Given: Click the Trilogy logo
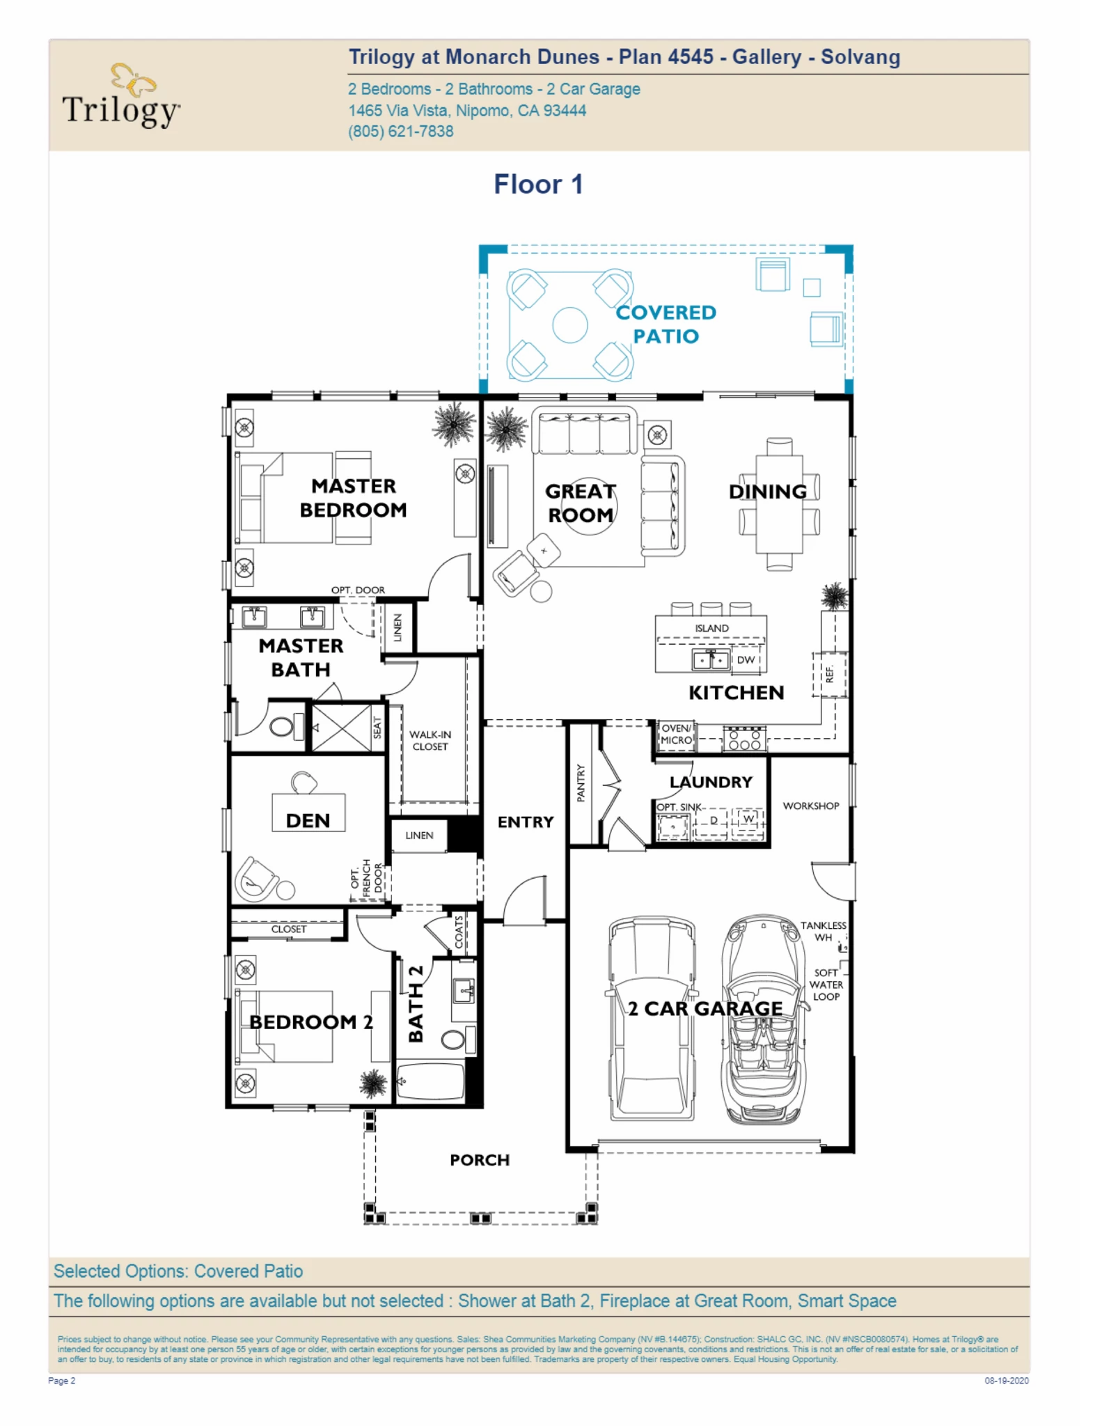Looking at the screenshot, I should [x=121, y=96].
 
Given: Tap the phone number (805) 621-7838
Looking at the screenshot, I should [x=400, y=132].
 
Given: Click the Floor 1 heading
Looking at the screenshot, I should [x=538, y=185].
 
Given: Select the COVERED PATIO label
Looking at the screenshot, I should [x=666, y=324].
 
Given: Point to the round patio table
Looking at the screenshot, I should [x=569, y=325].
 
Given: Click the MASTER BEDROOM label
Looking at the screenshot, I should [x=353, y=498].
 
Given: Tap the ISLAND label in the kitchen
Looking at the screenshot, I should [x=711, y=628].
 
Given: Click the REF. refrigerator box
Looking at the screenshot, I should [x=829, y=674].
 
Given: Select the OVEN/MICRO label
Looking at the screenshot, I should [x=676, y=735].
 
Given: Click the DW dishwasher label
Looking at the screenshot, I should [x=745, y=659].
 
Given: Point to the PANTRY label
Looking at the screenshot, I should [x=581, y=783].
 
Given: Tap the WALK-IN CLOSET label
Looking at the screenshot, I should [x=430, y=740].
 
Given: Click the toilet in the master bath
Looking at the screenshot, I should [x=282, y=727].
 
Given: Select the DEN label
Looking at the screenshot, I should [x=308, y=820].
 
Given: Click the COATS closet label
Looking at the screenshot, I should [x=459, y=932].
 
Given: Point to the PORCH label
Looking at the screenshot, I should [x=480, y=1160].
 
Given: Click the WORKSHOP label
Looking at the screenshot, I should [x=810, y=806].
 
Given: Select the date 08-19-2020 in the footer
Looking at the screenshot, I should [x=1006, y=1381].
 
